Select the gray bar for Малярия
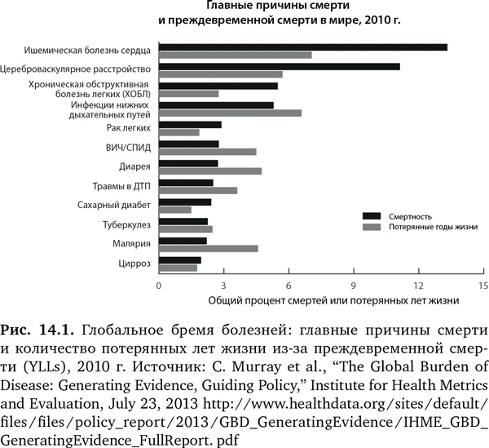tap(209, 248)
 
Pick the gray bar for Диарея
tap(210, 171)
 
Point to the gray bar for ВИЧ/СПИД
tap(208, 152)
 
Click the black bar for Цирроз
tap(180, 259)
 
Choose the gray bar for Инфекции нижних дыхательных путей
tap(231, 113)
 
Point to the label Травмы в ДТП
tap(123, 185)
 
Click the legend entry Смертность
tap(409, 216)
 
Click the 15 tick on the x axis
tap(483, 286)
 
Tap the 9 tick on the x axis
tap(354, 286)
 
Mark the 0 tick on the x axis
tap(160, 286)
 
